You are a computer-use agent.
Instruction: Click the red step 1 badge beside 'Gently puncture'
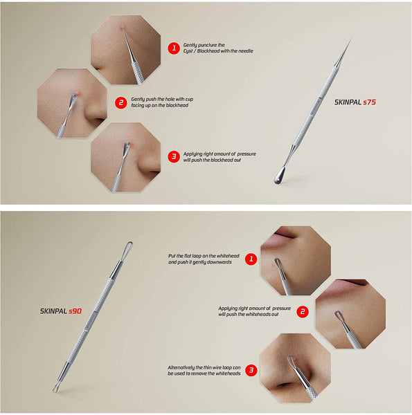pos(173,48)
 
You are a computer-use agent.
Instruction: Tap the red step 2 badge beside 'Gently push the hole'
pos(120,103)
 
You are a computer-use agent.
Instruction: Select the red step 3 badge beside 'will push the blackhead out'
pos(173,156)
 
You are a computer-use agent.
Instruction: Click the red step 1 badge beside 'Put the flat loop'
pos(251,259)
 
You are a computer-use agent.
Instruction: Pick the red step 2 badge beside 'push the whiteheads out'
pos(302,311)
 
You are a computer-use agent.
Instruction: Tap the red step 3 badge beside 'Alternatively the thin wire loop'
pos(251,370)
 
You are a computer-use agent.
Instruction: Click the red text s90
pos(74,311)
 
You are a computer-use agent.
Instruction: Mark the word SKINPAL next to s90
pos(53,311)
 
